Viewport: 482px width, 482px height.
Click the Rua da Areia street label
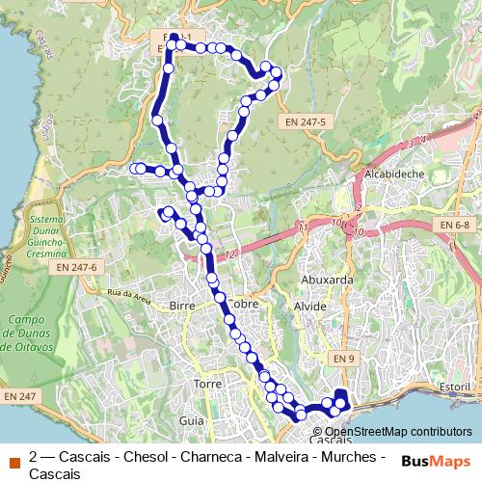click(x=130, y=295)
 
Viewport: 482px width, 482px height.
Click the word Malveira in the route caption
click(x=279, y=456)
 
